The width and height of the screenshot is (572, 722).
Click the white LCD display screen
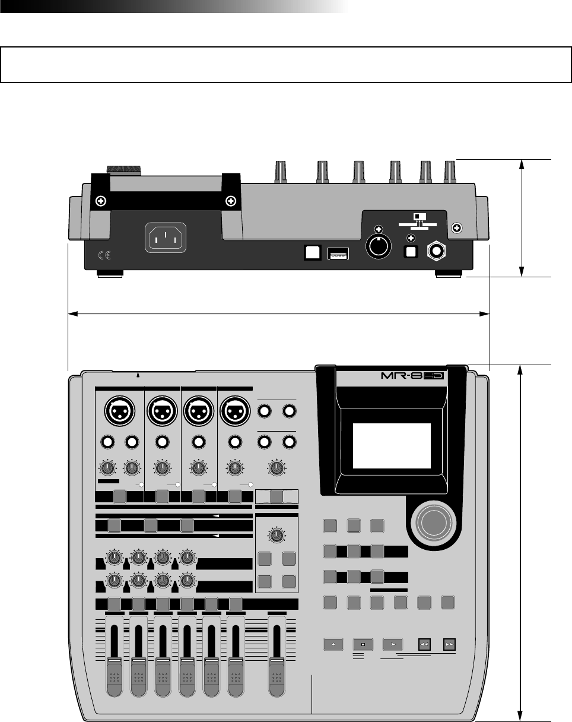pyautogui.click(x=392, y=446)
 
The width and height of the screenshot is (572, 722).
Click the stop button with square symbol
pyautogui.click(x=361, y=644)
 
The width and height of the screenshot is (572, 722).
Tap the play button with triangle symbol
pyautogui.click(x=392, y=644)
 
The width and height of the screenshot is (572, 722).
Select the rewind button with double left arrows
pyautogui.click(x=424, y=644)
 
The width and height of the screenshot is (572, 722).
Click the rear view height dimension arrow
pyautogui.click(x=522, y=217)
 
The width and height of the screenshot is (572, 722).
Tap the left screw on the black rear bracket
pyautogui.click(x=101, y=201)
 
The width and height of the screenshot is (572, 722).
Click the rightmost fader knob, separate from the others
pyautogui.click(x=277, y=677)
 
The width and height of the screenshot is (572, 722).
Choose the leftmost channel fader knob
pyautogui.click(x=114, y=677)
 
